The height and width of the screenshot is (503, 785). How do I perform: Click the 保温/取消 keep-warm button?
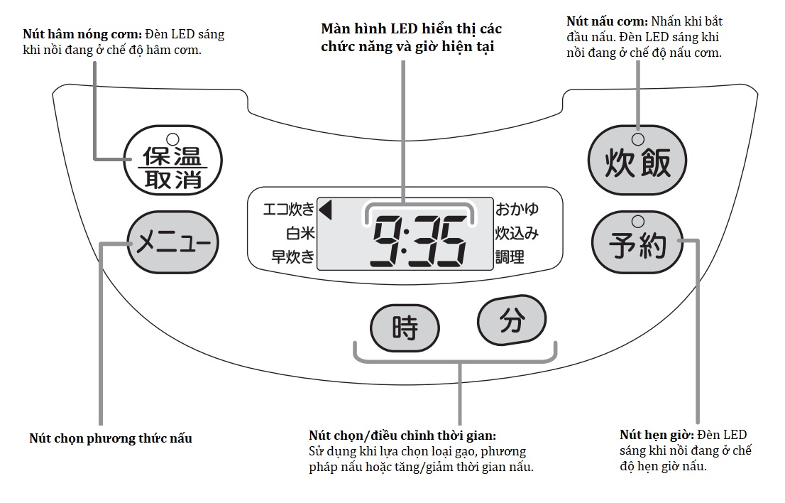(172, 163)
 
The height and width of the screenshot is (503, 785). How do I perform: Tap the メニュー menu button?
(173, 244)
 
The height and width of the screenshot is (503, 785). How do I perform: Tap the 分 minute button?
(512, 321)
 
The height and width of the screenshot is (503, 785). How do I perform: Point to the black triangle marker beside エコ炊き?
(326, 209)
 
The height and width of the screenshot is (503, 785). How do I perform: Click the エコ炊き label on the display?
(288, 210)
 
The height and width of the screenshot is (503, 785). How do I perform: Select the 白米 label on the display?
(300, 233)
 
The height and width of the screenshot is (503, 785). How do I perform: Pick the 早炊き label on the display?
(293, 256)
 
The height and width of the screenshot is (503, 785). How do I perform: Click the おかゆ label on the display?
(517, 209)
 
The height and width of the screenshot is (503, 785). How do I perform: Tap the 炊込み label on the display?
(517, 233)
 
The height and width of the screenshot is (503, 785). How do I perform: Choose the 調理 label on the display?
(510, 257)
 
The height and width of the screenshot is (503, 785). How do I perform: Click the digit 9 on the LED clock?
(388, 242)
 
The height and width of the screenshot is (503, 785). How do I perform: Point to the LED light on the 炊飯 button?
(637, 139)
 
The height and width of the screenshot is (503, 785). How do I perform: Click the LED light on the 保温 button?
(172, 139)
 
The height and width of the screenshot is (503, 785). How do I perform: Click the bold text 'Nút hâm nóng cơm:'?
(82, 34)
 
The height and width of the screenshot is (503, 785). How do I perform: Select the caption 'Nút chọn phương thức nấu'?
(111, 438)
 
